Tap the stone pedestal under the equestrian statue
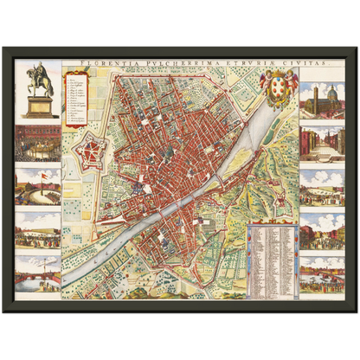pyautogui.click(x=37, y=106)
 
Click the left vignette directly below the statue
pyautogui.click(x=38, y=143)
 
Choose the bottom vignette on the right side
pyautogui.click(x=322, y=273)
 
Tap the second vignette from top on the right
pyautogui.click(x=322, y=144)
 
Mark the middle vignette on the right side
pyautogui.click(x=322, y=186)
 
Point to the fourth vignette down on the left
pyautogui.click(x=38, y=230)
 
